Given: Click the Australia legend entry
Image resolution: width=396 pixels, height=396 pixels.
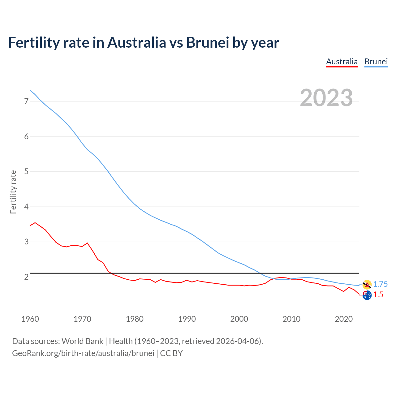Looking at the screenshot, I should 342,62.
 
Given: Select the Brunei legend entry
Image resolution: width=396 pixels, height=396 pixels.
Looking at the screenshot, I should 376,62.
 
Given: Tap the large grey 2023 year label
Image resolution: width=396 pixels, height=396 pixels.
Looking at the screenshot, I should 326,98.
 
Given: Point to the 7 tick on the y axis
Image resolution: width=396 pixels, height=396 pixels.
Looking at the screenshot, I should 26,101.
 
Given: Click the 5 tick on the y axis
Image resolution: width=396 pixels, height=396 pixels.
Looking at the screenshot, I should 26,171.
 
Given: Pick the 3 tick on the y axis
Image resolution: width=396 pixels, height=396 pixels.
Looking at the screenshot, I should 26,242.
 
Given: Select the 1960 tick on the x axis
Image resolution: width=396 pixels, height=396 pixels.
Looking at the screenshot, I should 30,319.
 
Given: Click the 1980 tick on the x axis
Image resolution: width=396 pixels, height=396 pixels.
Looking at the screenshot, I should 135,319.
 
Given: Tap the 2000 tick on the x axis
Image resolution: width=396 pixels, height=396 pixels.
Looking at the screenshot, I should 239,319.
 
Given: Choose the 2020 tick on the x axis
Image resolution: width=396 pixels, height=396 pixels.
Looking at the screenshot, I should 344,319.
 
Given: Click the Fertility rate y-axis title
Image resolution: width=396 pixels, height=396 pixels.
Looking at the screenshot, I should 13,192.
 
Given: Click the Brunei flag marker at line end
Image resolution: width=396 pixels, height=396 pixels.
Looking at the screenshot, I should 367,284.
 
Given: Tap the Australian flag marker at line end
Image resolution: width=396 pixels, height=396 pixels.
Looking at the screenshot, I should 367,295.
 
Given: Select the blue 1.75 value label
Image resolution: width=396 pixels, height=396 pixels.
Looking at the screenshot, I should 380,284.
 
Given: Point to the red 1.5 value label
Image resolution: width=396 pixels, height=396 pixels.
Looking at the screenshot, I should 378,295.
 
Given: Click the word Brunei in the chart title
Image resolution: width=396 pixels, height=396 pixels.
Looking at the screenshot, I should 207,42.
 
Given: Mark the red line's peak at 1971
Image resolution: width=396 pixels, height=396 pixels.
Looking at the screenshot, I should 87,243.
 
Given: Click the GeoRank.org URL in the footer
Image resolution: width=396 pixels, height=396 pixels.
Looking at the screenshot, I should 83,353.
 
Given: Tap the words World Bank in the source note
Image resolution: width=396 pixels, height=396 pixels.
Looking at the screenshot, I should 82,341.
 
